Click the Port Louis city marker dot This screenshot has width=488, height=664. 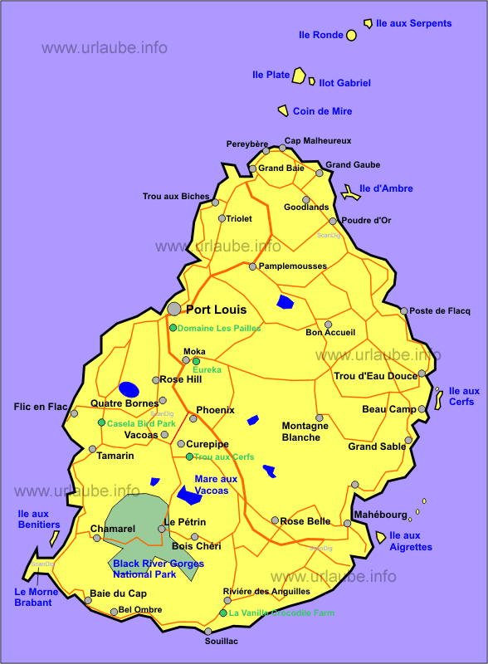tap(173, 309)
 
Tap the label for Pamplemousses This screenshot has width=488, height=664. tap(292, 266)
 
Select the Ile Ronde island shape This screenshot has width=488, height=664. tap(351, 35)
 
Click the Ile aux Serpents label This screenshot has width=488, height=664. tap(413, 23)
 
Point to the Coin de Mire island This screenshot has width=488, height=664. tap(283, 110)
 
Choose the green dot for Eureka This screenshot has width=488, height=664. tap(196, 361)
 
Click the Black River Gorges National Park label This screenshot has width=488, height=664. tap(158, 569)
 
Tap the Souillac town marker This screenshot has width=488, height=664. tap(207, 632)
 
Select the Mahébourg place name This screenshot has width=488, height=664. tap(380, 515)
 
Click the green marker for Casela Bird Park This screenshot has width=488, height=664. tap(101, 422)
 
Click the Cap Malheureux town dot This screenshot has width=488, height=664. tap(282, 148)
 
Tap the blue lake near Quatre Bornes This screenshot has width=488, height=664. tap(129, 388)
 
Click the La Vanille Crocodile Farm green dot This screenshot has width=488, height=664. tap(222, 613)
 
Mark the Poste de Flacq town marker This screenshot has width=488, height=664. tap(404, 311)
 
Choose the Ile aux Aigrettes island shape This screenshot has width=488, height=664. tap(381, 537)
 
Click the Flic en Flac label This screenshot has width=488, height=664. tap(41, 407)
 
